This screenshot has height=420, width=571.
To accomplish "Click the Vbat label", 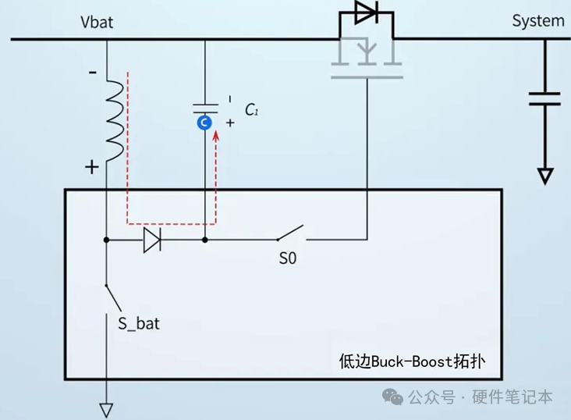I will pyautogui.click(x=97, y=22).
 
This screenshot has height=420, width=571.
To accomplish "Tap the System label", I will pyautogui.click(x=538, y=21).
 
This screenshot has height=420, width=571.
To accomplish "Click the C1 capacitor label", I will pyautogui.click(x=251, y=111).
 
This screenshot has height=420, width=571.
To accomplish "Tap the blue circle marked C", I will pyautogui.click(x=204, y=123).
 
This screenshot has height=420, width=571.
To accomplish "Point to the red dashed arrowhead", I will pyautogui.click(x=217, y=137).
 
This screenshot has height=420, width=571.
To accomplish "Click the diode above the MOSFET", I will pyautogui.click(x=365, y=12).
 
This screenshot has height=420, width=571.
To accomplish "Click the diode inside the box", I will pyautogui.click(x=152, y=240).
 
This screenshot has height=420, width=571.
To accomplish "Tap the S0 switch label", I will pyautogui.click(x=288, y=258).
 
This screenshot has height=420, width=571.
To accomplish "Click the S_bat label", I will pyautogui.click(x=139, y=322).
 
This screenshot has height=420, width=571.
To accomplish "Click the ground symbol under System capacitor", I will pyautogui.click(x=545, y=176).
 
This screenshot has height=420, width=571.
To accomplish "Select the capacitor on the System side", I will pyautogui.click(x=544, y=98).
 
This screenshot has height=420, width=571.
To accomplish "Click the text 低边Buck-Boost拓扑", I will pyautogui.click(x=412, y=361).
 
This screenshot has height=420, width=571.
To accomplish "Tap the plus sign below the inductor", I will pyautogui.click(x=92, y=166).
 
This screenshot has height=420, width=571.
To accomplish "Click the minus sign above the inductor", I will pyautogui.click(x=93, y=73).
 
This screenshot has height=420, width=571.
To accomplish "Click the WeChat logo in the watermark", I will pyautogui.click(x=392, y=397).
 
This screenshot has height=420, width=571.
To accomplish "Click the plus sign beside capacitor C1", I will pyautogui.click(x=230, y=123).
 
